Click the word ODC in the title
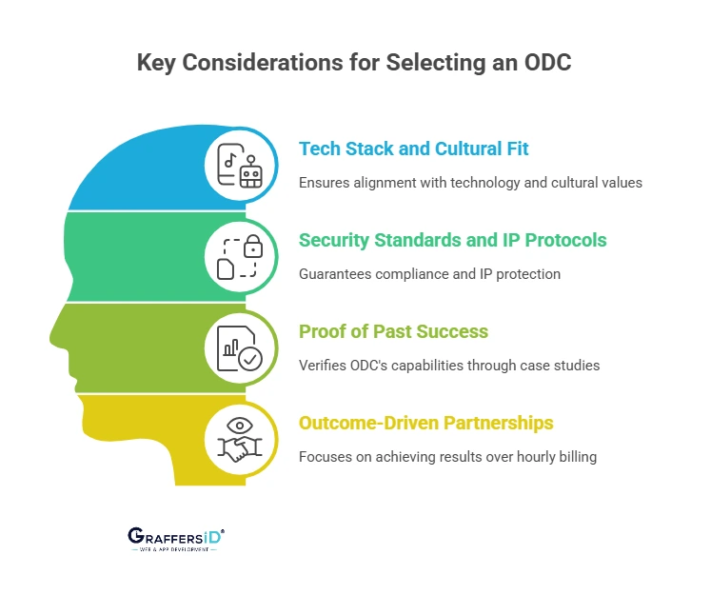point(547,62)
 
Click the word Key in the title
point(156,63)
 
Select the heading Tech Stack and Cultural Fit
point(413,149)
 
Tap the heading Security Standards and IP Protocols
point(452,240)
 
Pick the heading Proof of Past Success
point(394,331)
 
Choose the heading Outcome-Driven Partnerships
point(426,423)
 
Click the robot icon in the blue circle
point(250,172)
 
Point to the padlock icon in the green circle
point(253,247)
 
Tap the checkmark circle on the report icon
point(250,359)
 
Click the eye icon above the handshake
point(240,426)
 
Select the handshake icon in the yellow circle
point(240,448)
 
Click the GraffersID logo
point(176,539)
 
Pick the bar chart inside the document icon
point(230,348)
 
